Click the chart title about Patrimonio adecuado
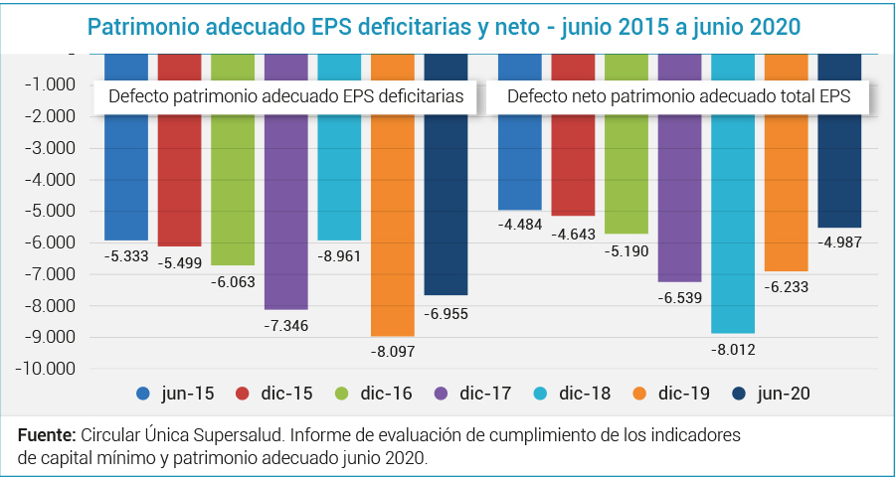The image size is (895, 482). point(447,27)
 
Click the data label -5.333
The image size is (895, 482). point(126,255)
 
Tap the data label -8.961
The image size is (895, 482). point(339,255)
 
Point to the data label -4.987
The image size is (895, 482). point(839,242)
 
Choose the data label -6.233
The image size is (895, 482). point(786,286)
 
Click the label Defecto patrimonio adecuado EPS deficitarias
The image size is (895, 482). point(285,97)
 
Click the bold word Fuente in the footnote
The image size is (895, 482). point(46,436)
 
